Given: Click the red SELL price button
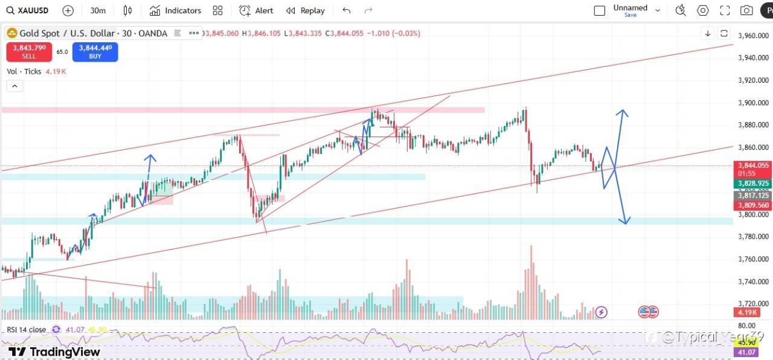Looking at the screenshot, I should pos(29,51).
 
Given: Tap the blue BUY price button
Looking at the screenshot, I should pos(95,51).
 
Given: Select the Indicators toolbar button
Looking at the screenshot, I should pos(175,10).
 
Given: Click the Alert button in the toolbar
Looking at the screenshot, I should pos(256,10).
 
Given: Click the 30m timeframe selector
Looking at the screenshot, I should pos(98,10).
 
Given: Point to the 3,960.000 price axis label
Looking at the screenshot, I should pos(754,36).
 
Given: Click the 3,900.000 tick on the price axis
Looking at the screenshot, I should pos(754,103).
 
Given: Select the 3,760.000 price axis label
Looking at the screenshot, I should pos(754,259).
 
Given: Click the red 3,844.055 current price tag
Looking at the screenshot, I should pos(753,165).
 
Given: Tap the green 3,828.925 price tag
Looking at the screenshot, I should pos(753,183).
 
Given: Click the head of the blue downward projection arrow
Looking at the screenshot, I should pos(626,221).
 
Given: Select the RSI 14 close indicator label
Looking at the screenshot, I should pos(27,329).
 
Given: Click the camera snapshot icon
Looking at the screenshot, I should pos(746,10).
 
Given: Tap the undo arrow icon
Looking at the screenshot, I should pos(346,10).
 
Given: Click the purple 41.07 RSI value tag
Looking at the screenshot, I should pos(745,352).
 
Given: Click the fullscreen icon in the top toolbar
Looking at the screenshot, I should pos(725,10).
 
